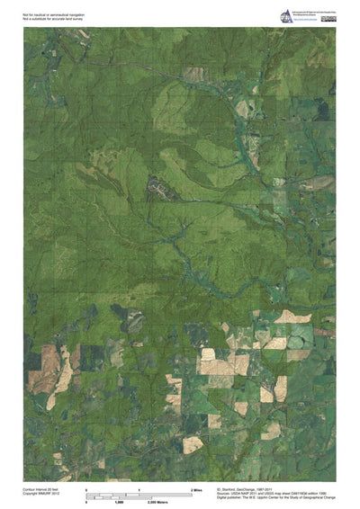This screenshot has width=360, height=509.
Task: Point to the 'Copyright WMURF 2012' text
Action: click(x=41, y=494)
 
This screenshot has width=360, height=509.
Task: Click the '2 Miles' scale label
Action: click(x=196, y=488)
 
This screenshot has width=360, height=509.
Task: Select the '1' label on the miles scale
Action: click(x=139, y=488)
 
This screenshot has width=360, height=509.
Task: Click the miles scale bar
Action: click(x=139, y=493)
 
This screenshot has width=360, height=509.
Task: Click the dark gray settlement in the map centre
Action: click(x=158, y=188)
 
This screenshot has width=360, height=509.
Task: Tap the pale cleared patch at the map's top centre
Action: click(x=193, y=74)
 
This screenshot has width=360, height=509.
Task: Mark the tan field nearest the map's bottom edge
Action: click(x=193, y=443)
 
